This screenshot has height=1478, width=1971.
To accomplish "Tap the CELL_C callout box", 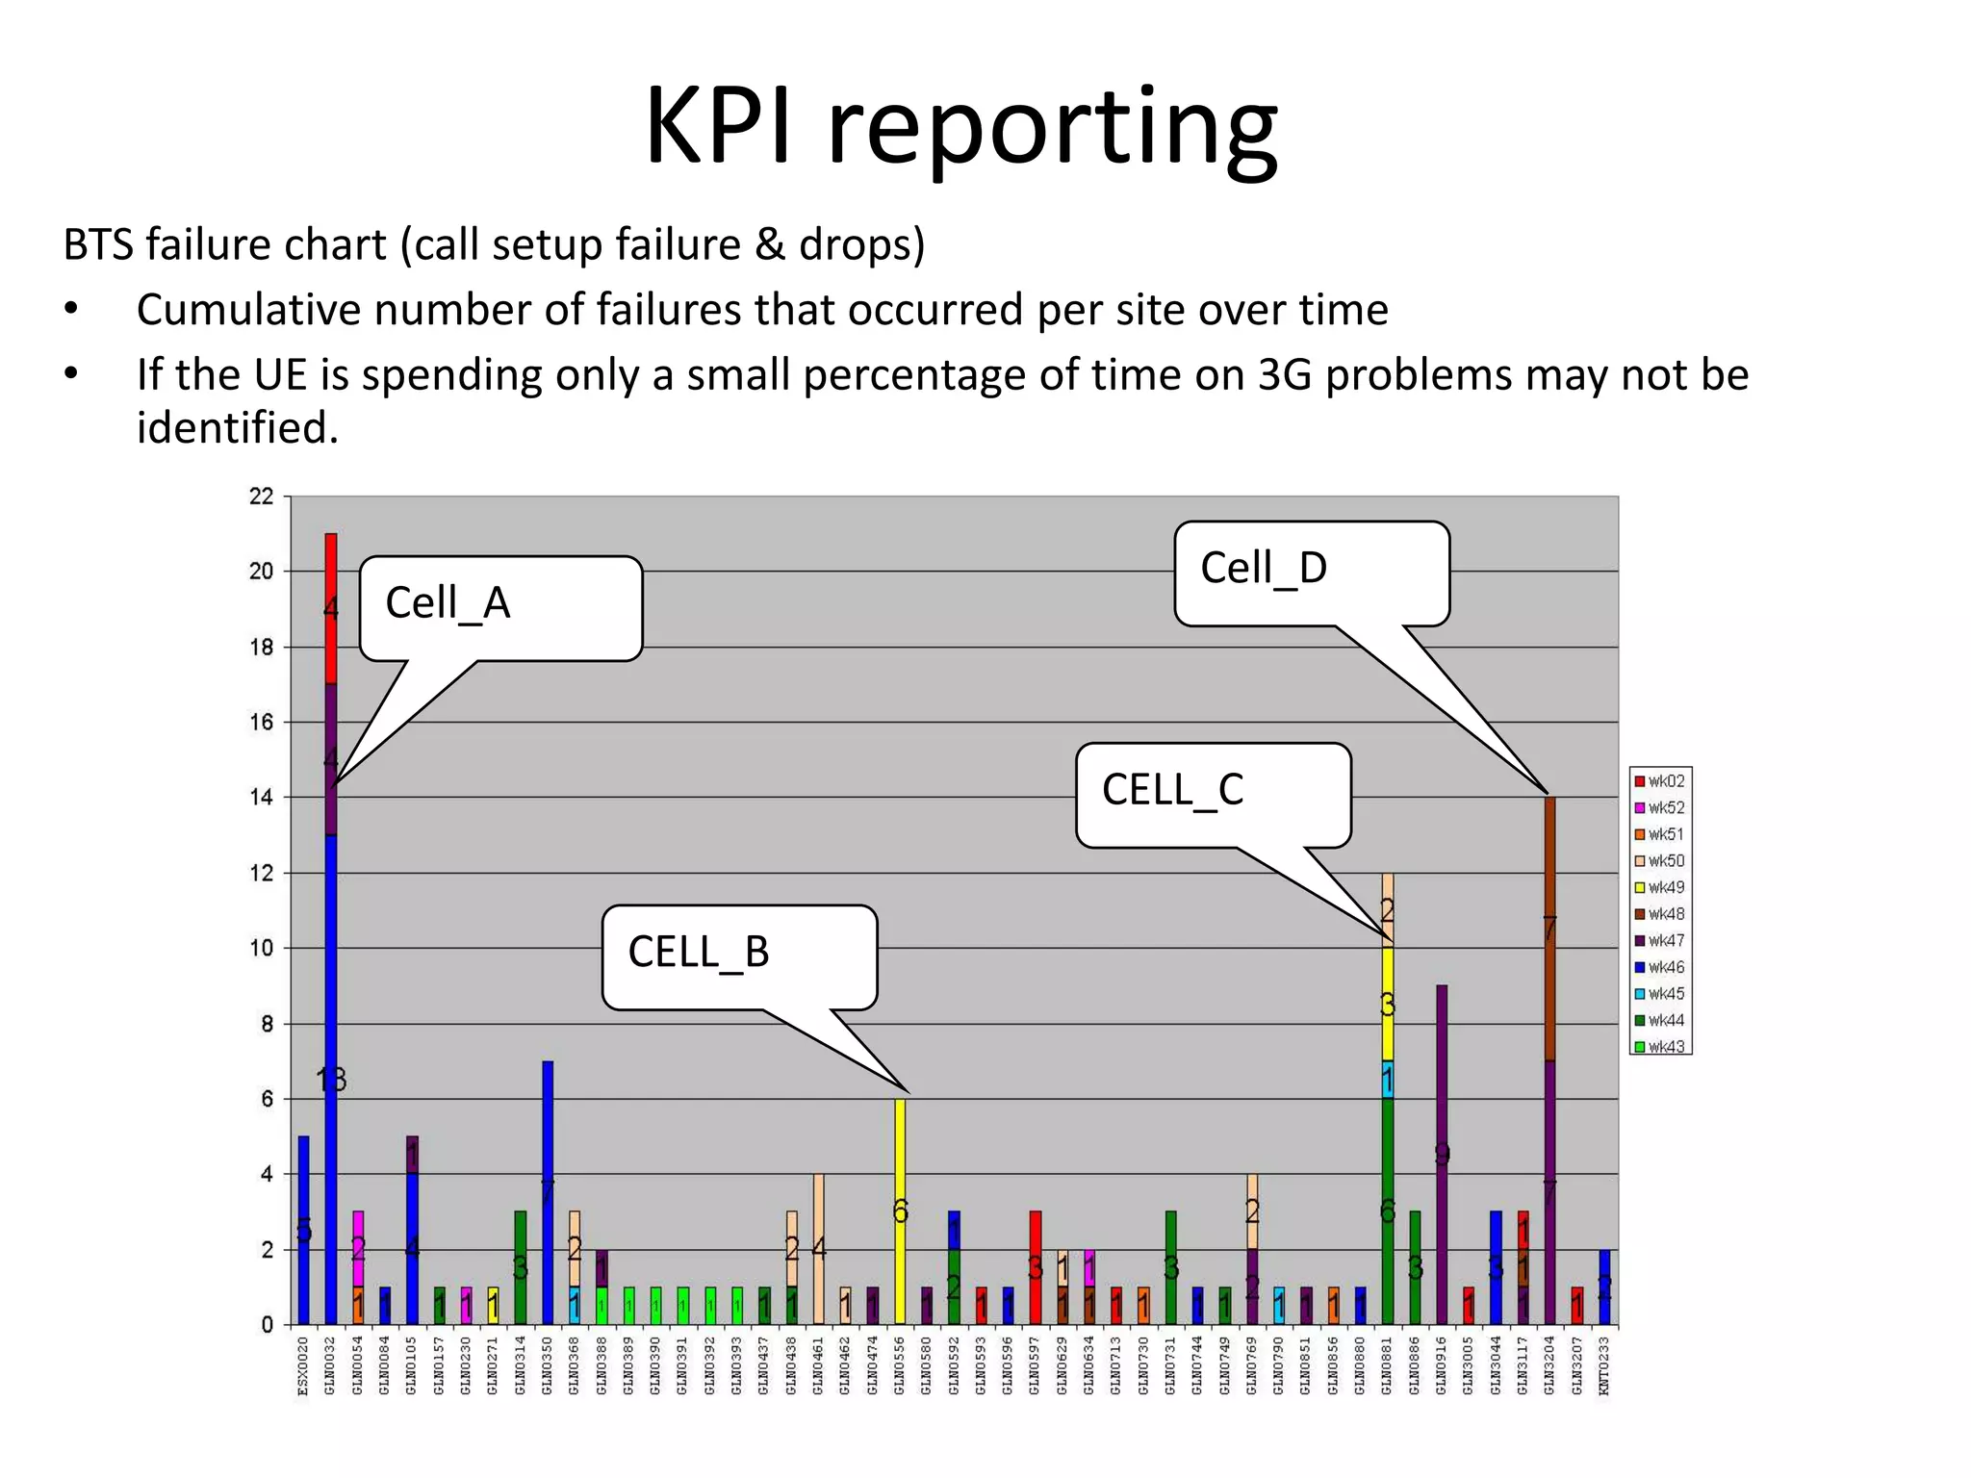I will click(1213, 793).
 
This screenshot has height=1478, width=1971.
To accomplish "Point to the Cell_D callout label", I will click(1311, 572).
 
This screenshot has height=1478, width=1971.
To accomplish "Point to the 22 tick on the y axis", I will click(262, 497).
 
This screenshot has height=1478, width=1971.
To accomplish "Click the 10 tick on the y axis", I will click(262, 948).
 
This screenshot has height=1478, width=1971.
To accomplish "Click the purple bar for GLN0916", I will click(1442, 1155).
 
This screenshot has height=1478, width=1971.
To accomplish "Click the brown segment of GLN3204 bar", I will click(1549, 929).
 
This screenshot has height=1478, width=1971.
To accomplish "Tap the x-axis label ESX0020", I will click(303, 1365).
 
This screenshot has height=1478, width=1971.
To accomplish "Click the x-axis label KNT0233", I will click(1603, 1365).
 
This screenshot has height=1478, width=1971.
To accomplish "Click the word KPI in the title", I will click(720, 127).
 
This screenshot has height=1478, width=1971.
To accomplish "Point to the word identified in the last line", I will click(238, 428).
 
